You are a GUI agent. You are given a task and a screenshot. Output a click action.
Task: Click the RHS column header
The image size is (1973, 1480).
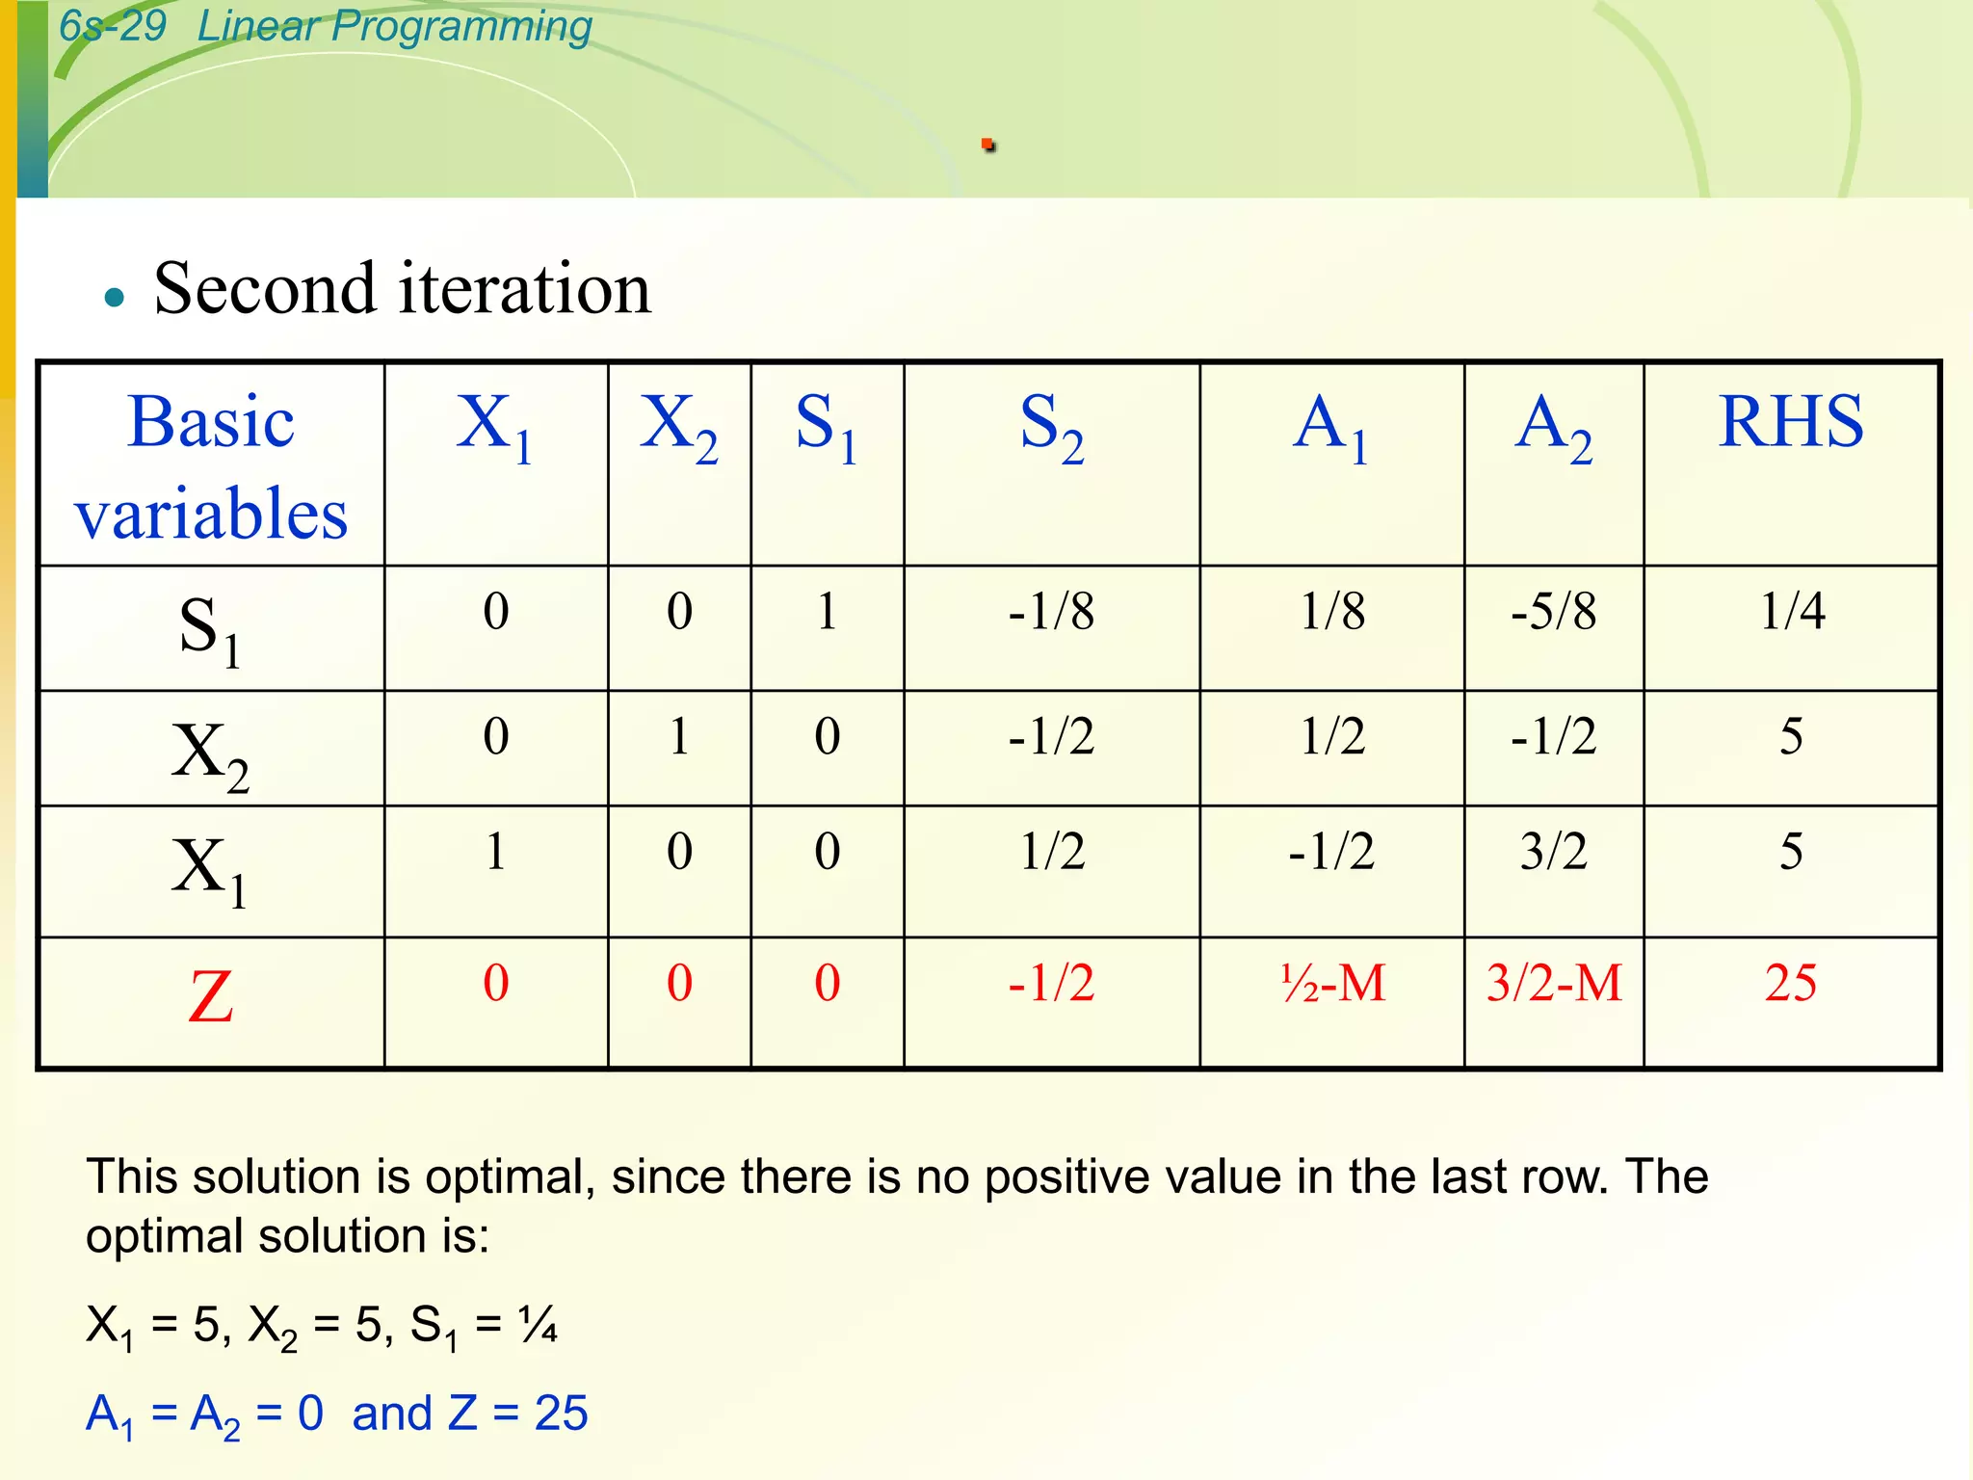pyautogui.click(x=1790, y=422)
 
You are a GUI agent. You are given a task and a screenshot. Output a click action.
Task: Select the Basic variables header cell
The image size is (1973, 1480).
pyautogui.click(x=211, y=466)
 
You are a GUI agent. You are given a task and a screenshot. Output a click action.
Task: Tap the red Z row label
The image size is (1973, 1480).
pyautogui.click(x=211, y=997)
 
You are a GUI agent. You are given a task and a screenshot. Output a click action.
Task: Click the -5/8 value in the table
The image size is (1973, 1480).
pyautogui.click(x=1553, y=611)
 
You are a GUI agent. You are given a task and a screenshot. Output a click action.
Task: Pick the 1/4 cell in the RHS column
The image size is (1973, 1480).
pyautogui.click(x=1791, y=611)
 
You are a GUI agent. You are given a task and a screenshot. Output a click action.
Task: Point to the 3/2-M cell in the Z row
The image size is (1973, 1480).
pyautogui.click(x=1553, y=984)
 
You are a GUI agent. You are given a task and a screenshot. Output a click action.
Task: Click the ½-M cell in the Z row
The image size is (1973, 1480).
pyautogui.click(x=1332, y=984)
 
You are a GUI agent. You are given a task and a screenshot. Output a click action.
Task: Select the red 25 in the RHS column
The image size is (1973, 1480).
pyautogui.click(x=1790, y=984)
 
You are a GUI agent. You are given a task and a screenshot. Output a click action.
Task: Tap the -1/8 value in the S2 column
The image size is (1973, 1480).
pyautogui.click(x=1051, y=611)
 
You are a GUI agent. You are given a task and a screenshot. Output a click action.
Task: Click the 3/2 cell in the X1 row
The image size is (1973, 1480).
pyautogui.click(x=1553, y=852)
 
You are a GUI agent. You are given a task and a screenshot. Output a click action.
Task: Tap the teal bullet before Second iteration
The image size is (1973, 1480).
pyautogui.click(x=115, y=297)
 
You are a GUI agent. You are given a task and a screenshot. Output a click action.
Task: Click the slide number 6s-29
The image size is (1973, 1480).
pyautogui.click(x=112, y=26)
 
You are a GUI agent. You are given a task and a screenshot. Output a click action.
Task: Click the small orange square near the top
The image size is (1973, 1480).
pyautogui.click(x=987, y=145)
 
